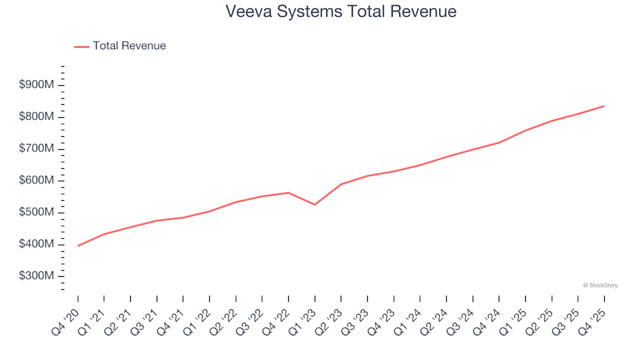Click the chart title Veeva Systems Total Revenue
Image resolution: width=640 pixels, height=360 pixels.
click(x=341, y=11)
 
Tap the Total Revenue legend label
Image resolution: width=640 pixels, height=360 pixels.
click(x=129, y=46)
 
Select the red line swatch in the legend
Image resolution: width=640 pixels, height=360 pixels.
click(x=81, y=47)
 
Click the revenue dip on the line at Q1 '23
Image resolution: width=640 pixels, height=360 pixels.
click(x=315, y=205)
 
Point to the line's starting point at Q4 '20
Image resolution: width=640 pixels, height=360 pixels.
click(x=78, y=246)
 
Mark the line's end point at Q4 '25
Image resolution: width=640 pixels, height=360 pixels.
click(x=604, y=106)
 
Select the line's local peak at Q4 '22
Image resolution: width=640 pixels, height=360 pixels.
click(x=288, y=193)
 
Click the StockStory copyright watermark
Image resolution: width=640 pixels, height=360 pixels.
click(x=600, y=285)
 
